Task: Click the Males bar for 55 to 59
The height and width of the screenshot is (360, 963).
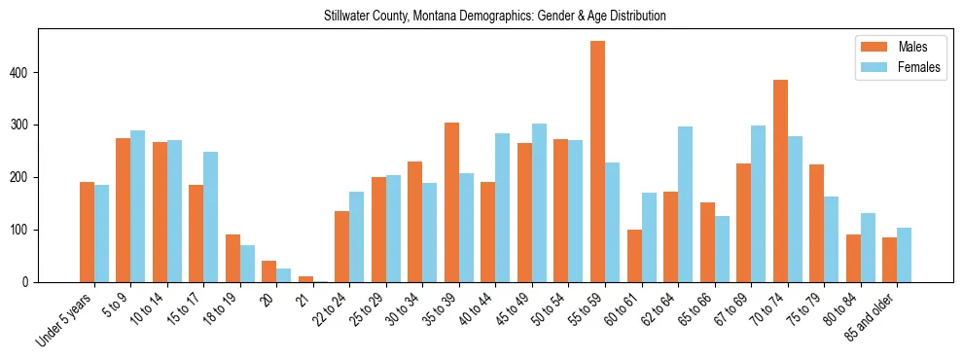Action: point(597,162)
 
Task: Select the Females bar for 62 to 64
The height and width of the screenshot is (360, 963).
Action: point(685,204)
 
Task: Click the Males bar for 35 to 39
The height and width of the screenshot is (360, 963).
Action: point(451,202)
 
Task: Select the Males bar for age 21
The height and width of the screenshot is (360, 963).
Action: point(305,279)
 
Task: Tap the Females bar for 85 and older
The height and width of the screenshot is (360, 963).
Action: point(905,255)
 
